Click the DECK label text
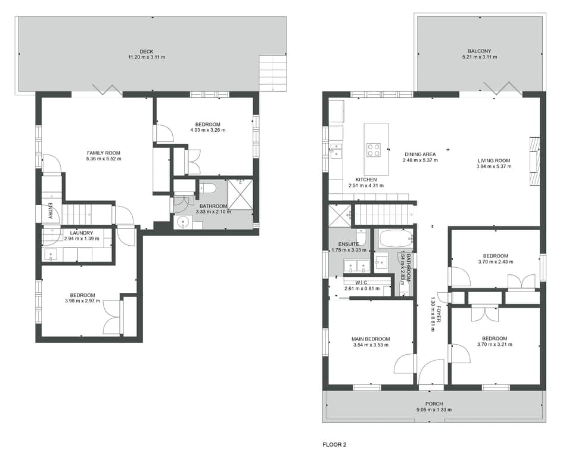click(147, 51)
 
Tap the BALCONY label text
click(480, 51)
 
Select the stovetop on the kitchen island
click(374, 149)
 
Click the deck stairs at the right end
click(272, 73)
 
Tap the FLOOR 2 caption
click(334, 444)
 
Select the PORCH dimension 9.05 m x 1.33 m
click(433, 410)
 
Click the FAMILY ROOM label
click(104, 153)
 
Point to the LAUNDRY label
click(81, 233)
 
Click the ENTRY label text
click(50, 211)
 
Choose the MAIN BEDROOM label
click(370, 339)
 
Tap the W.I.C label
click(362, 283)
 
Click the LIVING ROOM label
click(494, 160)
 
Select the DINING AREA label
click(420, 154)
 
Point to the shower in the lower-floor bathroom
click(240, 194)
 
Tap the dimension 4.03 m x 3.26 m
click(208, 130)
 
